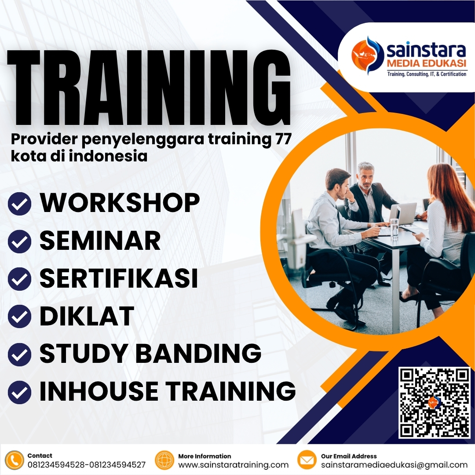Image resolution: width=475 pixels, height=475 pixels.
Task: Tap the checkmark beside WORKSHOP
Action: (x=19, y=204)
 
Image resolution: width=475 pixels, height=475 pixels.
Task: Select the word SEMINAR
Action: (x=100, y=241)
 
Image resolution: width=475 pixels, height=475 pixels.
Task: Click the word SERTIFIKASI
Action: (x=119, y=278)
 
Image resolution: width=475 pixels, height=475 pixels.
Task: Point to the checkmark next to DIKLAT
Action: (x=19, y=317)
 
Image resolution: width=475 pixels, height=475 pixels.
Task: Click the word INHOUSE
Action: (x=99, y=391)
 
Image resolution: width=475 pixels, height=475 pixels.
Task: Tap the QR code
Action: (x=434, y=403)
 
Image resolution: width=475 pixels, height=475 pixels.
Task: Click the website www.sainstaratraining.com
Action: (x=233, y=465)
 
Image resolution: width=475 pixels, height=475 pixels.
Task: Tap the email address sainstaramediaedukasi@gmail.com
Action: (x=394, y=465)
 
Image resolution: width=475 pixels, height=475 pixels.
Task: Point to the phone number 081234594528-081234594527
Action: (x=87, y=465)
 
